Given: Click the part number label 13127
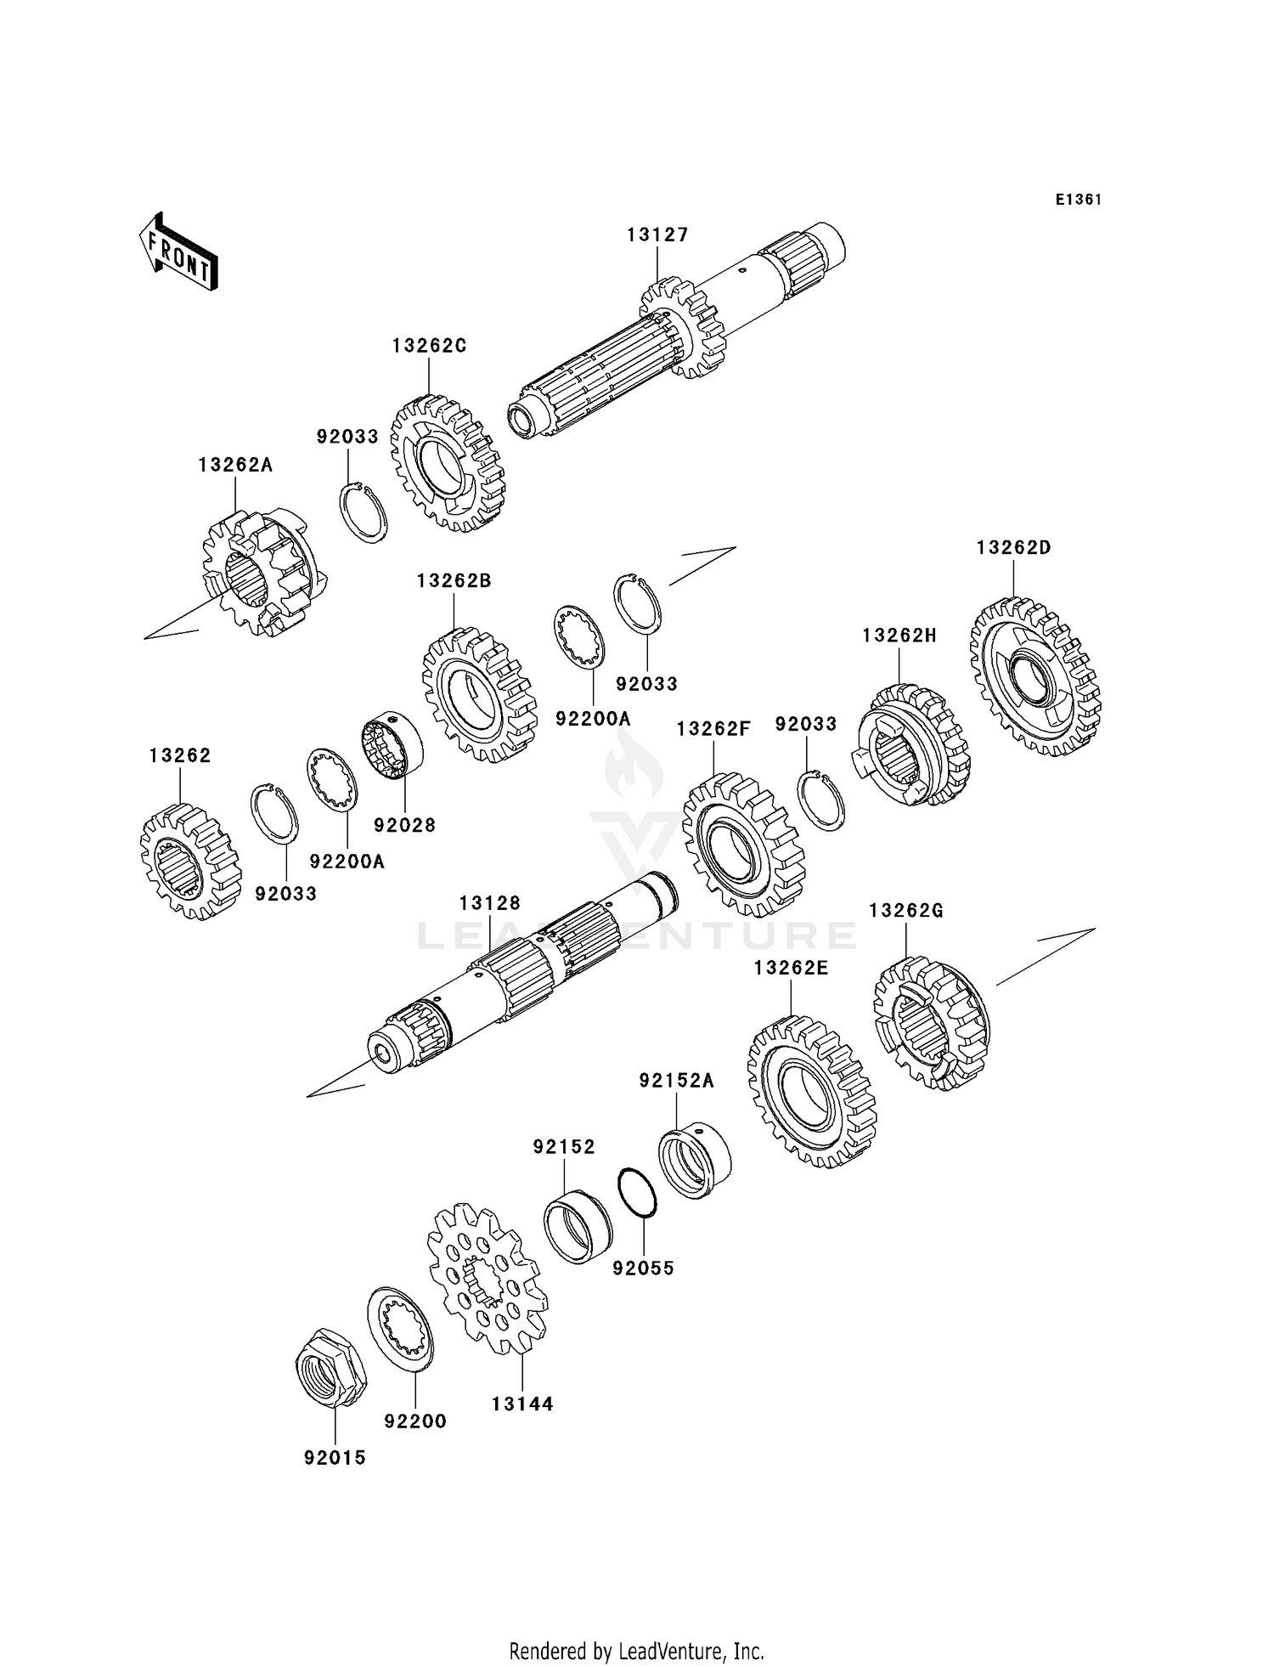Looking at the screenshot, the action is [657, 235].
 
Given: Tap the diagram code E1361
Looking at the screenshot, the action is [1079, 200].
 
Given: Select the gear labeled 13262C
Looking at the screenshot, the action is [448, 463].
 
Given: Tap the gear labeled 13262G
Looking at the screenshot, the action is [932, 1023].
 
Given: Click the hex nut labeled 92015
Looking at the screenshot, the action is [330, 1367].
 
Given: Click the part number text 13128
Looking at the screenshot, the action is [490, 903].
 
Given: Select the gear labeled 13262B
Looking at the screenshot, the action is [479, 694].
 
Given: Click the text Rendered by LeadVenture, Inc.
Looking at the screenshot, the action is [637, 1651].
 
